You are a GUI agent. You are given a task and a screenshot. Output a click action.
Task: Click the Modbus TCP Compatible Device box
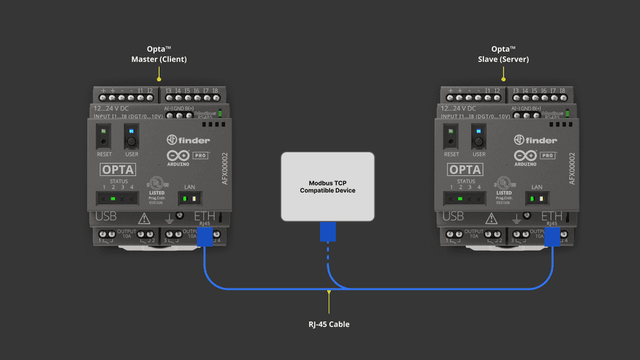327,186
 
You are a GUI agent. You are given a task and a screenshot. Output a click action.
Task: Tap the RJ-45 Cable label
329,324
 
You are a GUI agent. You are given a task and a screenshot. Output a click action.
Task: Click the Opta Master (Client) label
159,55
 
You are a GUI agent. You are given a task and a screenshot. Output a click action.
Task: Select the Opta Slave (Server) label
503,55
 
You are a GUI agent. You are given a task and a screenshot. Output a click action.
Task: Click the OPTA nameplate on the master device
117,170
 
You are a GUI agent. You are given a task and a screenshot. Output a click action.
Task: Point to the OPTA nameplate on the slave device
465,170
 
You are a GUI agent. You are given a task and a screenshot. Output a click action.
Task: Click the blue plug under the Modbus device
328,231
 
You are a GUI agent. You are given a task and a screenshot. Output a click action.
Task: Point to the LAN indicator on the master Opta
190,198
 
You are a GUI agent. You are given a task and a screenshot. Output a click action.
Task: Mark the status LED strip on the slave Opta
465,198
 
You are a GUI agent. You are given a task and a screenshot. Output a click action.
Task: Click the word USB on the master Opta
106,216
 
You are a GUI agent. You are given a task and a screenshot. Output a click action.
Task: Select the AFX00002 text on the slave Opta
572,168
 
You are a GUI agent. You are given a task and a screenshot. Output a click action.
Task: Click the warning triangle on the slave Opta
491,218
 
